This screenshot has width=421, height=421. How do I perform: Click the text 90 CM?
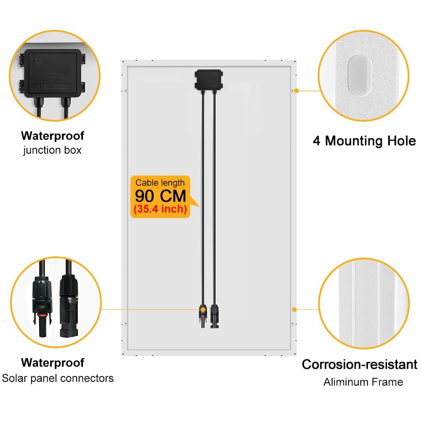[160, 196]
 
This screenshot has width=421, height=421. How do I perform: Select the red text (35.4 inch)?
[160, 209]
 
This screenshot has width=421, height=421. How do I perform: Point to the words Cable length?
[160, 183]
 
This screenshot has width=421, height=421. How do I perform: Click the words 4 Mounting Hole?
[364, 141]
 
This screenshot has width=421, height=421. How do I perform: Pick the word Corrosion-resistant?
[360, 364]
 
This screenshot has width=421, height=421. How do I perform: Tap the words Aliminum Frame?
[363, 382]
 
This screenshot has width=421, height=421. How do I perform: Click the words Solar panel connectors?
[58, 378]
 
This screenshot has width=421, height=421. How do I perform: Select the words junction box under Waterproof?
[52, 150]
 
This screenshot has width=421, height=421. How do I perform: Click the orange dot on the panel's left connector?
[203, 309]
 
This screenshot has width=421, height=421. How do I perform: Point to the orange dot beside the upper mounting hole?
[296, 91]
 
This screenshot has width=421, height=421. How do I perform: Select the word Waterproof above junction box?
[53, 136]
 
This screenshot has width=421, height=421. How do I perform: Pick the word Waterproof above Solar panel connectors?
[53, 362]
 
